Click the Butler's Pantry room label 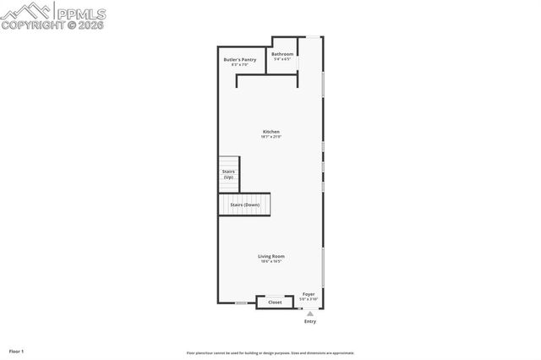tap(239, 60)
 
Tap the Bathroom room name tap(281, 54)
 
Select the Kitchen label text tap(270, 132)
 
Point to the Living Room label tap(271, 256)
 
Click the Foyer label tap(309, 294)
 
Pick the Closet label tap(275, 302)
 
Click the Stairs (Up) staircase tap(228, 174)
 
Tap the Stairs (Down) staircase tap(245, 205)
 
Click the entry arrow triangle tap(309, 313)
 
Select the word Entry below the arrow tap(309, 321)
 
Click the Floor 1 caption tap(16, 351)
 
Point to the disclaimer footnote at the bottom tap(270, 353)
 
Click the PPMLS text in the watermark tap(83, 12)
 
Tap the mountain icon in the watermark tap(25, 10)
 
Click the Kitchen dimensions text tap(270, 137)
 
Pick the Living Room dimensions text tap(271, 261)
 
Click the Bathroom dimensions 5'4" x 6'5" tap(281, 59)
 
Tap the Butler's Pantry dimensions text tap(239, 65)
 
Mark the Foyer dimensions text tap(309, 299)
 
